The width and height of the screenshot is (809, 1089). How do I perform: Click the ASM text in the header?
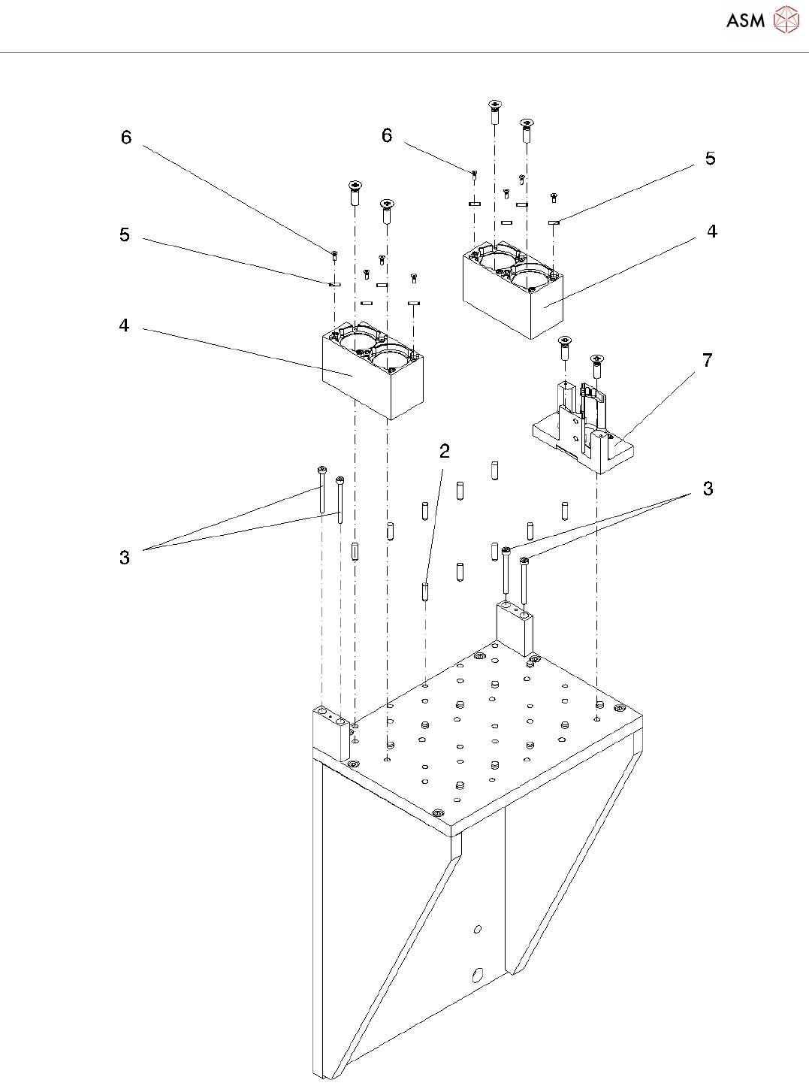745,20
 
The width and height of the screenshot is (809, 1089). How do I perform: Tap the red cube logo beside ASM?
786,20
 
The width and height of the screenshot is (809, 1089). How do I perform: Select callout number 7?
707,361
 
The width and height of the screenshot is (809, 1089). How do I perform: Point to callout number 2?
445,451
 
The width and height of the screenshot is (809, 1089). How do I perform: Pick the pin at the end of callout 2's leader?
425,591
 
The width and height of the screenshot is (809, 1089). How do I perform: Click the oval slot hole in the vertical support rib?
477,976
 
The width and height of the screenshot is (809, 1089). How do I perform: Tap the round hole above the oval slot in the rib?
478,930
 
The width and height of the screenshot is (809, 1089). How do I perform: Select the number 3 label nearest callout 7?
708,489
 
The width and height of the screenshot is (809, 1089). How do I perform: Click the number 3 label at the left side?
125,558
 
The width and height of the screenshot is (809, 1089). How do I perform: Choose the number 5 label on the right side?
710,159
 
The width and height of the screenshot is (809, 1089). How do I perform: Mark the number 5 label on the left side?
125,235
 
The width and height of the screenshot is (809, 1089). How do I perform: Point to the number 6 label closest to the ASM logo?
387,135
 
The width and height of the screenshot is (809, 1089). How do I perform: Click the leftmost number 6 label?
126,138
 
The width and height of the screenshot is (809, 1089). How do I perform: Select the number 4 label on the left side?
124,325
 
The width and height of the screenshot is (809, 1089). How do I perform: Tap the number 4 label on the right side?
712,231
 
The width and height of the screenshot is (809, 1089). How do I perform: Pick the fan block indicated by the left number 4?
372,372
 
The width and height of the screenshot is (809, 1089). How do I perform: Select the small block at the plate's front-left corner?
331,733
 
